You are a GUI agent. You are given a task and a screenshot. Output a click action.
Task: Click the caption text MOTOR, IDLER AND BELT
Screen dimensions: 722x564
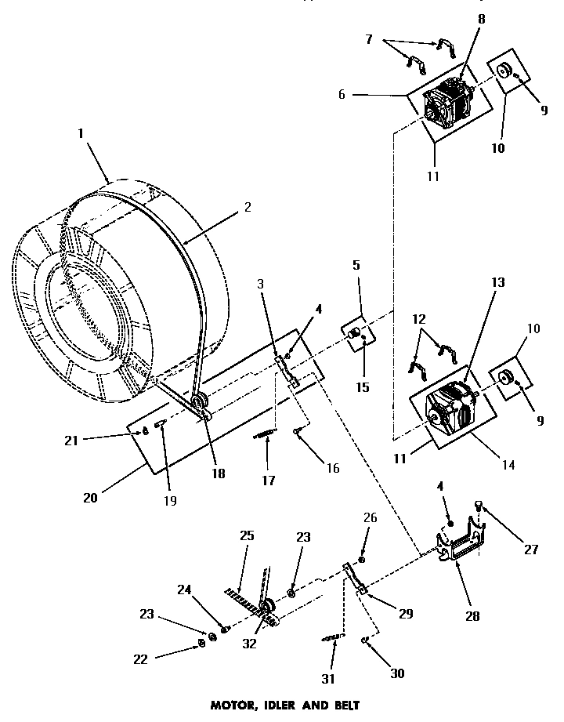pos(284,705)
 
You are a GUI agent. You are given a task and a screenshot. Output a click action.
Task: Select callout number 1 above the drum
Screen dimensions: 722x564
pos(80,133)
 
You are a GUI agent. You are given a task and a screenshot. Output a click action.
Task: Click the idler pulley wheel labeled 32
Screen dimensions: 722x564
pos(266,608)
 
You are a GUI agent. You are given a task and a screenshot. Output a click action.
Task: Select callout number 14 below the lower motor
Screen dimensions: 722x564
pos(508,465)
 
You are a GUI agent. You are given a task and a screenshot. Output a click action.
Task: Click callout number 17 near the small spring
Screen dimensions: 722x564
pos(269,480)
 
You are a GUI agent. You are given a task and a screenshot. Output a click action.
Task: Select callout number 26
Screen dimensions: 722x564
pos(371,517)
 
